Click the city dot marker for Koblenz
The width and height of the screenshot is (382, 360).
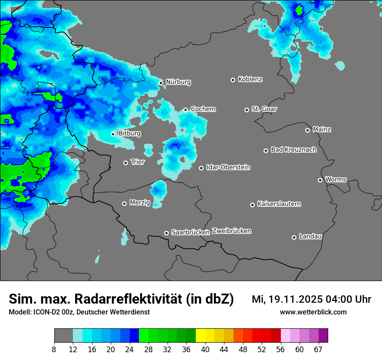[233, 80]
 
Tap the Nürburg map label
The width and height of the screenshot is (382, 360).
[178, 82]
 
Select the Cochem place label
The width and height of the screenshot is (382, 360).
[203, 109]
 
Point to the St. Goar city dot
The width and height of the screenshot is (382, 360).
[247, 110]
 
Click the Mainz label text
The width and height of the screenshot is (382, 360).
[322, 129]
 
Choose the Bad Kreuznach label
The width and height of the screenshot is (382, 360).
[293, 150]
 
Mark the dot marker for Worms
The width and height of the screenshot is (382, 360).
[320, 180]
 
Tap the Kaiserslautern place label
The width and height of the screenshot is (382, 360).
[279, 204]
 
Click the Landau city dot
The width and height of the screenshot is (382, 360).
[294, 237]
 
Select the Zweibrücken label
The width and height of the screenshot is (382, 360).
[231, 231]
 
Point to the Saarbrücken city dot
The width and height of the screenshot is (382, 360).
[166, 233]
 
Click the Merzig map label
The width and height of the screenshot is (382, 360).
[140, 203]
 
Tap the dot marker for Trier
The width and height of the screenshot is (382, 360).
[126, 163]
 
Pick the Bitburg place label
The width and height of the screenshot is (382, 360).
[129, 134]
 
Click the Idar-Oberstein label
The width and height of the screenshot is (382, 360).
[228, 167]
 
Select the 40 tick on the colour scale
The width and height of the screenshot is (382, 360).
[205, 349]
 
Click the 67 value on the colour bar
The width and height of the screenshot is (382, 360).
[318, 349]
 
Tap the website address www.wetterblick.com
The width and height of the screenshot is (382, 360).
[313, 312]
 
